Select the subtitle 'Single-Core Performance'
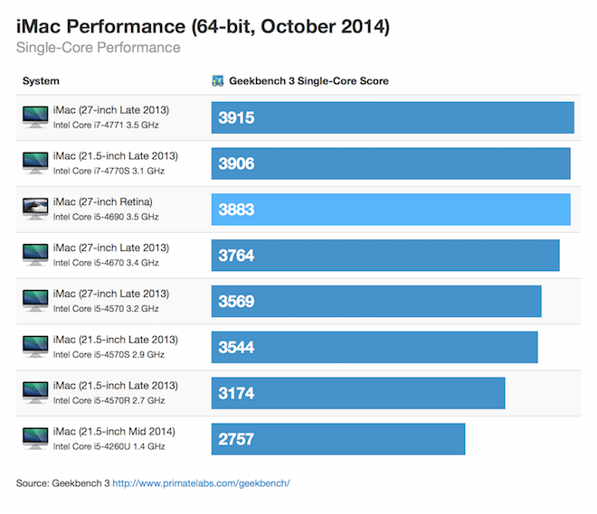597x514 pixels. (x=98, y=48)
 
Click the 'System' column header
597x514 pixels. (x=41, y=81)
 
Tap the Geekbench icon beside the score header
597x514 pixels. (x=217, y=81)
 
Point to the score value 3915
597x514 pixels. (x=236, y=118)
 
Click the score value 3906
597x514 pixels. (x=236, y=164)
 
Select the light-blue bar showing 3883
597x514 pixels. (x=391, y=210)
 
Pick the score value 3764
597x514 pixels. (x=236, y=256)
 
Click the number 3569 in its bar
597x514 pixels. (x=236, y=302)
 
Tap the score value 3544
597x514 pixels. (x=236, y=348)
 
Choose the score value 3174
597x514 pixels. (x=236, y=394)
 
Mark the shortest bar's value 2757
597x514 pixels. (x=236, y=440)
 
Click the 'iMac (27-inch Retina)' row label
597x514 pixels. (x=102, y=201)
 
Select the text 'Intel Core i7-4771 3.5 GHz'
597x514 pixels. (x=106, y=125)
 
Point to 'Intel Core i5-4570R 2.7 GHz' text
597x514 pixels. (x=109, y=400)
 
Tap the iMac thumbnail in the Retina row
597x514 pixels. (x=35, y=209)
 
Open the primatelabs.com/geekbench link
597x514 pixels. (x=201, y=483)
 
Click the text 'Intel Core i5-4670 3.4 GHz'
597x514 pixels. (x=106, y=263)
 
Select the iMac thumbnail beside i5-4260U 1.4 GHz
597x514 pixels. (x=35, y=438)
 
